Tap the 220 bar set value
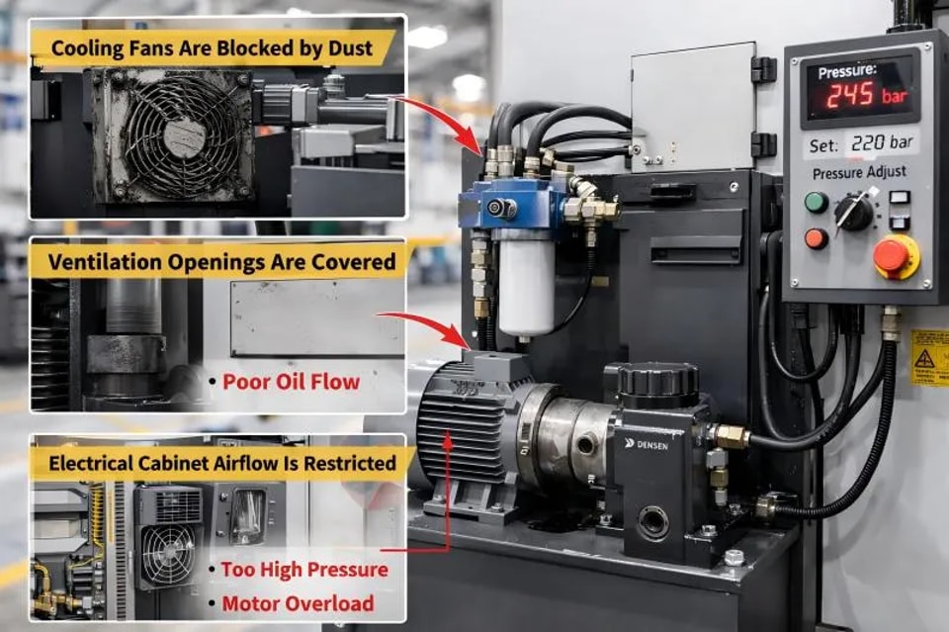click(x=882, y=142)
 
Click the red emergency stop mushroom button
click(x=895, y=257)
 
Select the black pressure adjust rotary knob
click(x=854, y=212)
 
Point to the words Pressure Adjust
click(x=859, y=172)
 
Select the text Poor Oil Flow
click(x=291, y=382)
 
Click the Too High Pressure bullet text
click(x=304, y=570)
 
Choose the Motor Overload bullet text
click(x=298, y=603)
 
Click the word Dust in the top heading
click(x=350, y=47)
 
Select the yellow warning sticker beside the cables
click(x=929, y=357)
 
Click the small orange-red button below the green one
click(x=816, y=238)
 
